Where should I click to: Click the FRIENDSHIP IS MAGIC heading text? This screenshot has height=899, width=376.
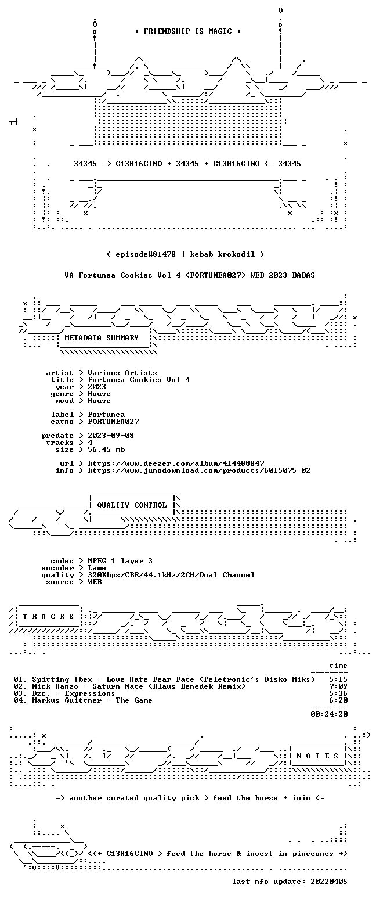coord(188,31)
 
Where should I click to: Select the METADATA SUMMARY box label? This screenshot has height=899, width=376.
coord(102,338)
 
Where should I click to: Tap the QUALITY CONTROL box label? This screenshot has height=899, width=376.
coord(132,505)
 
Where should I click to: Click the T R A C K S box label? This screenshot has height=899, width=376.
coord(49,617)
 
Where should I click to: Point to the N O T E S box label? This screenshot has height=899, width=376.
coord(317,756)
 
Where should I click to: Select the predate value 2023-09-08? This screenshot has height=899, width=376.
coord(111,436)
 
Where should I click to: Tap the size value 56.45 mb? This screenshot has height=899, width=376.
coord(106,449)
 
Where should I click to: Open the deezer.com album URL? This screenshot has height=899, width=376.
coord(176,463)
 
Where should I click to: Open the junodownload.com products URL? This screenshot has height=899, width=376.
coord(199,470)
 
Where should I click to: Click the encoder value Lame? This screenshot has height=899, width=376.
coord(97,569)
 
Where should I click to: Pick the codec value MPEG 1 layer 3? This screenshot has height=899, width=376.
coord(120,561)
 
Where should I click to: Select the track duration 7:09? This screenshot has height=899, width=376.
coord(338,686)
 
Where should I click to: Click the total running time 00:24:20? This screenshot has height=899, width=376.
coord(329,714)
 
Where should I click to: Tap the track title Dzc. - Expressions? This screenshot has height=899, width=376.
coord(74,693)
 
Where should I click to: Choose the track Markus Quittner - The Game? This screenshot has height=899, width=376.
coord(92,700)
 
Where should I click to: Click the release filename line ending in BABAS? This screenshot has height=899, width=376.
coord(190,275)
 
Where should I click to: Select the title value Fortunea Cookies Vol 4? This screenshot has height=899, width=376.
coord(139,380)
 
